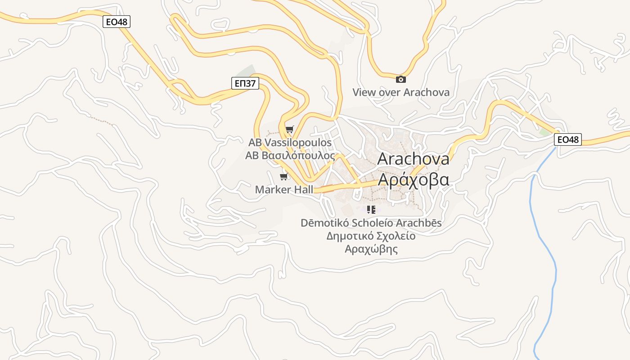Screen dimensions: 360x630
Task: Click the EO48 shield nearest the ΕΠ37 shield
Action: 117,22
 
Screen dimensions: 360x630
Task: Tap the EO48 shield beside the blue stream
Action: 567,139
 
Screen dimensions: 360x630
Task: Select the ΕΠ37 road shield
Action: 245,83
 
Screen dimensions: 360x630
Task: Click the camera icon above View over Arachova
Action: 400,80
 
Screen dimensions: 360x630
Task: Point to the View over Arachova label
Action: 400,93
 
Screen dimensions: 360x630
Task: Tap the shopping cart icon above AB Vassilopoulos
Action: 289,130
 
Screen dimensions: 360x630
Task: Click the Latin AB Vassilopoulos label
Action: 290,143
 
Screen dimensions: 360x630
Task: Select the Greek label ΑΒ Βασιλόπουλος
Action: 290,156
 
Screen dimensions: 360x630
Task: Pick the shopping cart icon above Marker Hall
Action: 283,176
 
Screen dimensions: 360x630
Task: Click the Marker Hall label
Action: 284,189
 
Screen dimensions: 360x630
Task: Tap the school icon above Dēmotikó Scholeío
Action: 371,210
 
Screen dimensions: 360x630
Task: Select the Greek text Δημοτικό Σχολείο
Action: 371,236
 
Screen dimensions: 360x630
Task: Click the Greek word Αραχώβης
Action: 371,249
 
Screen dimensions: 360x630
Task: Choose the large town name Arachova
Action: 413,159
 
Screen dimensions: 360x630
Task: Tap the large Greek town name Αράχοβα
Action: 413,179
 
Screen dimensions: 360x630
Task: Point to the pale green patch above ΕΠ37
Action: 245,72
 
